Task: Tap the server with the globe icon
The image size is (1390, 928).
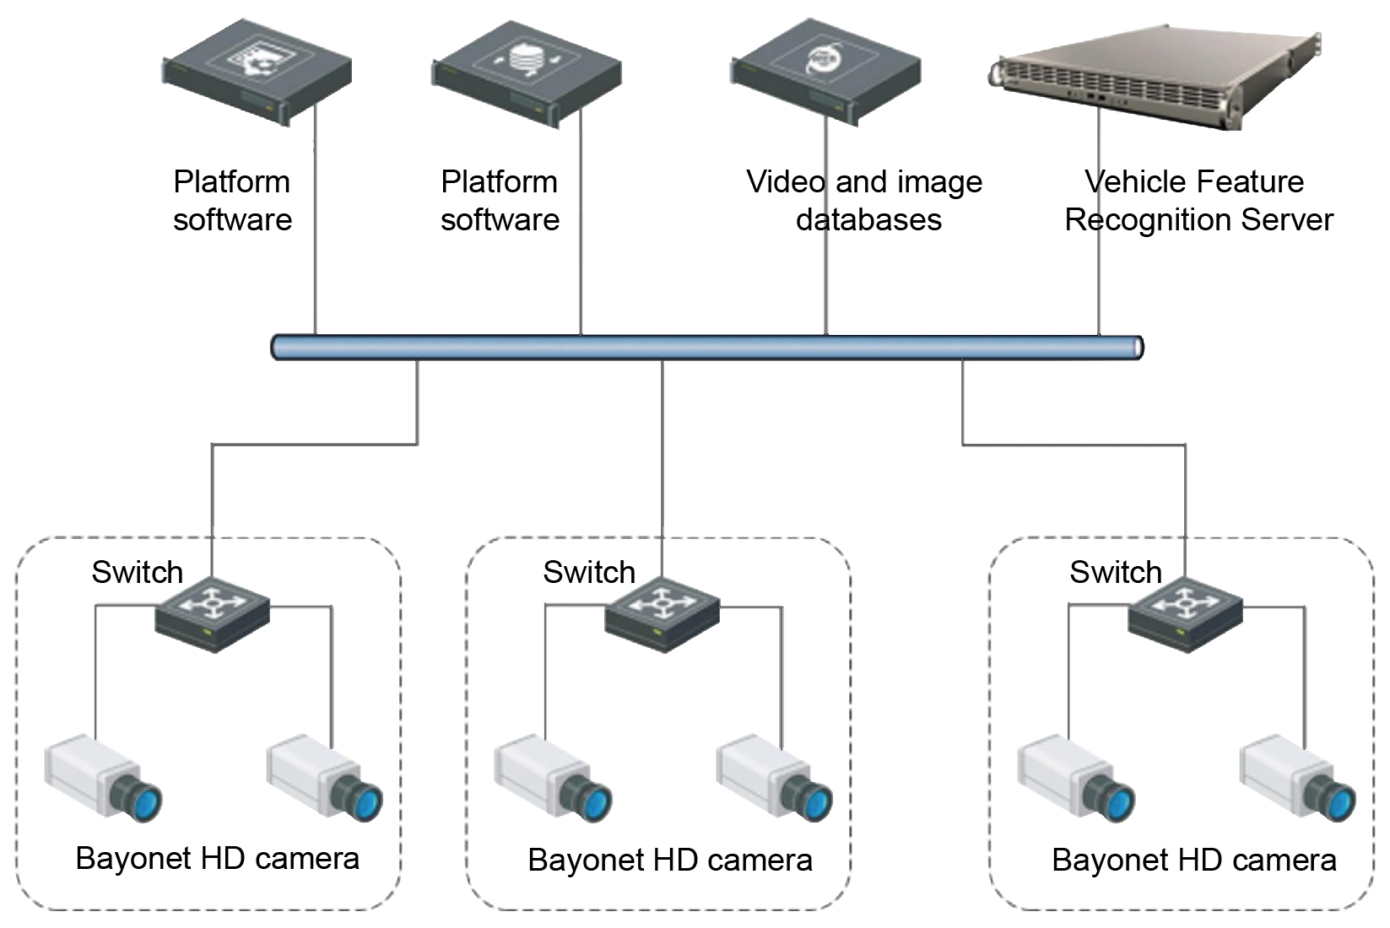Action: click(x=825, y=72)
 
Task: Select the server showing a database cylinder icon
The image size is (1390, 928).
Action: click(x=527, y=73)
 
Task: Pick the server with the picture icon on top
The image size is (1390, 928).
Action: click(x=257, y=73)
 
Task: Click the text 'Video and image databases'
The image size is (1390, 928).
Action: click(x=865, y=201)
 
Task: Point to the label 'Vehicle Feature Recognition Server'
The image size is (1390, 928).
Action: click(x=1198, y=201)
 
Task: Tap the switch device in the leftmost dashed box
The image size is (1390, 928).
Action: click(x=212, y=615)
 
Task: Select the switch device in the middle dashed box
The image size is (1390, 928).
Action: click(x=663, y=615)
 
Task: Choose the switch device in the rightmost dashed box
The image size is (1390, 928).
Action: click(x=1185, y=615)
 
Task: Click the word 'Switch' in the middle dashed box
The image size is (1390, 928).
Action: click(x=588, y=572)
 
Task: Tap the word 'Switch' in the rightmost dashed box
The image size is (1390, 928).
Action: click(x=1115, y=572)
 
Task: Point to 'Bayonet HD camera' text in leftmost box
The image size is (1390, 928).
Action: click(x=218, y=859)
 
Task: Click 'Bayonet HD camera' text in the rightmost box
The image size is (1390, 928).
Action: click(x=1193, y=861)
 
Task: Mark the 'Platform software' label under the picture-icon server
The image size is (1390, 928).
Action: click(x=232, y=201)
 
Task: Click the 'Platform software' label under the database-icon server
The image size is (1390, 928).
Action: click(x=500, y=201)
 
